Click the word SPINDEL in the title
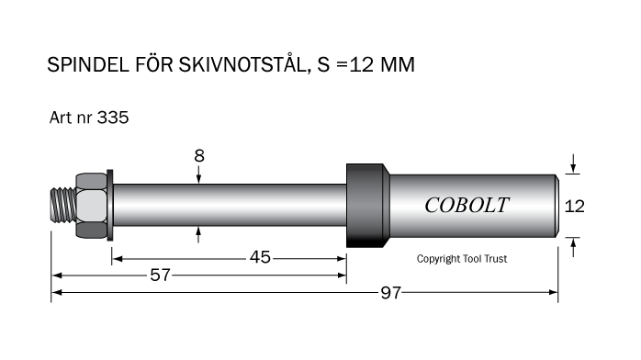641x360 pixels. click(88, 64)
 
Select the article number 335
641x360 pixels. click(113, 118)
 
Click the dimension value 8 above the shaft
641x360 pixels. click(199, 156)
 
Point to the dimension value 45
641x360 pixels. click(260, 257)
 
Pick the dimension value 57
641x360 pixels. click(160, 275)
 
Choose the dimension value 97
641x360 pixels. click(391, 293)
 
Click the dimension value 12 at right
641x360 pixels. click(574, 207)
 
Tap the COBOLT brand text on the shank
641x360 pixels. click(467, 205)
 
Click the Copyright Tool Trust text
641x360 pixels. click(462, 259)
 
